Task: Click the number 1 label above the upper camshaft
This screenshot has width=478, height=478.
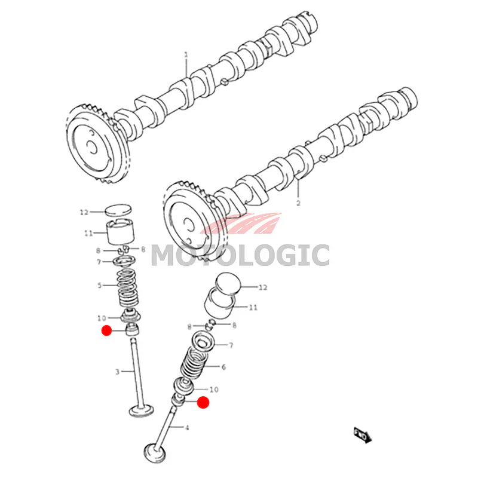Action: click(x=186, y=55)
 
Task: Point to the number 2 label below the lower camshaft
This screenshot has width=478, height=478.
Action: click(x=298, y=203)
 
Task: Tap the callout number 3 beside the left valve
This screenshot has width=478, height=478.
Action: click(x=117, y=372)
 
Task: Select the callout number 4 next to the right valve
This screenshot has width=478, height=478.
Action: click(x=187, y=428)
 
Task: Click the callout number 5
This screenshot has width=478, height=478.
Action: click(x=99, y=286)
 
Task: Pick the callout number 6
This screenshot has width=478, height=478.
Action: click(x=223, y=367)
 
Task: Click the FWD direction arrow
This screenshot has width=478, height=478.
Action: click(x=363, y=435)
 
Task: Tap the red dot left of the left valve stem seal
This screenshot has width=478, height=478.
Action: click(x=106, y=330)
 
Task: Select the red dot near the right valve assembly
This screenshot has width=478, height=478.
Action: click(x=203, y=402)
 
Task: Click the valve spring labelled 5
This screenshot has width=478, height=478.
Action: click(x=127, y=288)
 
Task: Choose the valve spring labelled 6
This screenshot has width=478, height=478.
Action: click(x=196, y=363)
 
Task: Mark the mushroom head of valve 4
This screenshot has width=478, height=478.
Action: click(x=155, y=452)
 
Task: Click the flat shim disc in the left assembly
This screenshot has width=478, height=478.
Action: click(x=119, y=210)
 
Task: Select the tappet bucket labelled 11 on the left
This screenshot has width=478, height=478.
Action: click(x=120, y=232)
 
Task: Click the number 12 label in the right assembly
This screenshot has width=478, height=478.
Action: click(x=263, y=287)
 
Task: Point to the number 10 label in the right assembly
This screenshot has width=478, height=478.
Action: click(x=214, y=390)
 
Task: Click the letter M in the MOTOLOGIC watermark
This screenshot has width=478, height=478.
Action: click(x=166, y=256)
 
